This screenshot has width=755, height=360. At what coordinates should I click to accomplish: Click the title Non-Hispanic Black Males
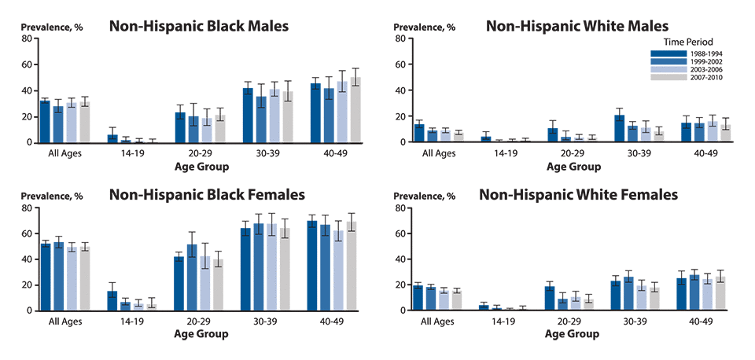pyautogui.click(x=199, y=27)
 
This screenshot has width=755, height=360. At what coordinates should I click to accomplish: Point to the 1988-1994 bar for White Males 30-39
pyautogui.click(x=619, y=129)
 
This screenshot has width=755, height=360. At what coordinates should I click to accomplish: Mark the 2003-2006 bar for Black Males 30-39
pyautogui.click(x=274, y=116)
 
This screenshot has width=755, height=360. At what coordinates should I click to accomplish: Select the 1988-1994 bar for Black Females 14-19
pyautogui.click(x=112, y=300)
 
